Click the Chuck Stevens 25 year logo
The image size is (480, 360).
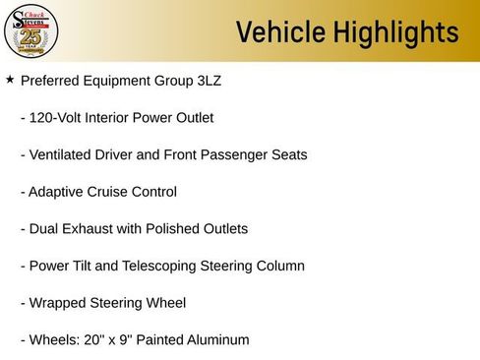(x=31, y=31)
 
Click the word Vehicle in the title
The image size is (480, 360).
(x=282, y=32)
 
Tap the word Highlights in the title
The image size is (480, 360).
(x=397, y=32)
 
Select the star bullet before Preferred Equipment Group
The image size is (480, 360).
(x=10, y=80)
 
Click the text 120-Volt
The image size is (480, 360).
(x=57, y=118)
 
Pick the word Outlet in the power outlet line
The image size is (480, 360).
(x=192, y=118)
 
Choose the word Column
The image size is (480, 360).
(x=278, y=267)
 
